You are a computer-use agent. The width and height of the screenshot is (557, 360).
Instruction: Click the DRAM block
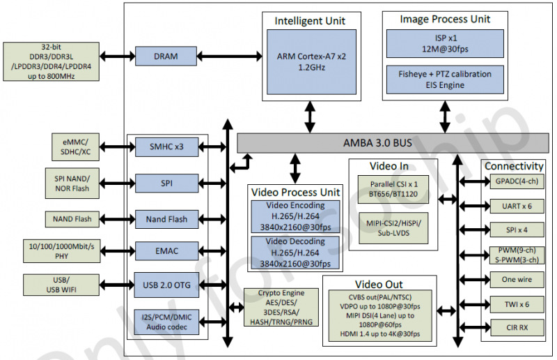coord(166,57)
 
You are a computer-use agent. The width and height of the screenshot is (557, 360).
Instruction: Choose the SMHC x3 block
coord(166,147)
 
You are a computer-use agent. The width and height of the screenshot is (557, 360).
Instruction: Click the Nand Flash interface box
coord(166,219)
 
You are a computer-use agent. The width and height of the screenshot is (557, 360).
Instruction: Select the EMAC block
coord(166,249)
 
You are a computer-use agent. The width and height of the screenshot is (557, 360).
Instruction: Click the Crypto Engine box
coord(278,308)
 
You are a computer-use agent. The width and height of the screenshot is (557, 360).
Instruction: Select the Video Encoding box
coord(295,216)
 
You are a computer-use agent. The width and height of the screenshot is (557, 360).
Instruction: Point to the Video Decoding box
coord(295,253)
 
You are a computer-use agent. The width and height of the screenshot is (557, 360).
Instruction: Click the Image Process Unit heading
coord(445,19)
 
